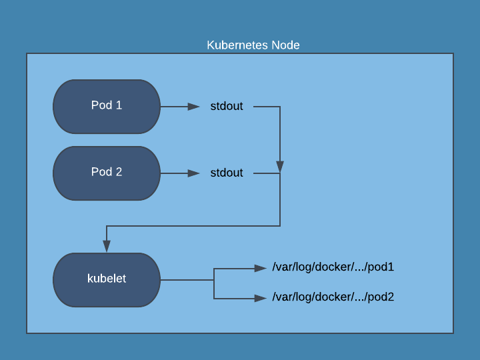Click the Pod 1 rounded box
point(107,107)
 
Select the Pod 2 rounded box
point(107,173)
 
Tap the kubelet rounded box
point(107,280)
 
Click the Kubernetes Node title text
point(253,45)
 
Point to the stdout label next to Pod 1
point(227,106)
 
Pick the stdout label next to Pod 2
point(227,173)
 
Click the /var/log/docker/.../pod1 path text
point(333,267)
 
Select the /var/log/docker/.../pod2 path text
point(333,297)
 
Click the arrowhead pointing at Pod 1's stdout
point(194,107)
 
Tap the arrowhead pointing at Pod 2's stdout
point(194,173)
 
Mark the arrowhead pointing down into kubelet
point(107,246)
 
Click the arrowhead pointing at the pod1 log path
point(261,269)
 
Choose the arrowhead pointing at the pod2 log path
point(261,298)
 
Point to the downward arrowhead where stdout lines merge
point(280,167)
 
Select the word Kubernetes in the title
point(237,45)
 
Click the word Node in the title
point(285,45)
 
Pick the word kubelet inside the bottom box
point(107,279)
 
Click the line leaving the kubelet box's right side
point(187,280)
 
